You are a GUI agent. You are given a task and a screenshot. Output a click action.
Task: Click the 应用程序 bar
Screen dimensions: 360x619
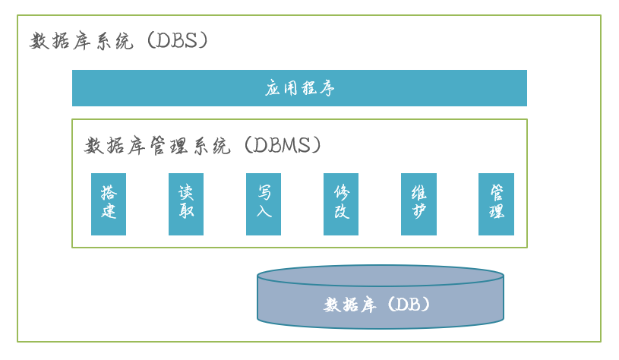pyautogui.click(x=299, y=88)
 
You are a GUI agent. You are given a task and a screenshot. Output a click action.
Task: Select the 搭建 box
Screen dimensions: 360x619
pyautogui.click(x=109, y=204)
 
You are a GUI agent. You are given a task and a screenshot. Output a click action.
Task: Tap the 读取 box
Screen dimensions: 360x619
pyautogui.click(x=186, y=204)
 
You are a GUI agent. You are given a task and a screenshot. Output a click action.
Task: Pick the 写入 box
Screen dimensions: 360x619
pyautogui.click(x=264, y=204)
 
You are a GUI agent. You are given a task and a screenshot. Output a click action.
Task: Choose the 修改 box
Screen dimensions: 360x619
pyautogui.click(x=341, y=204)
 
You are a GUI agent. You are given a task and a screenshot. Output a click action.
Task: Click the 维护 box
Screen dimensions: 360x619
pyautogui.click(x=418, y=204)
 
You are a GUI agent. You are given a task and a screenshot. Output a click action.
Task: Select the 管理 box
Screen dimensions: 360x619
pyautogui.click(x=496, y=204)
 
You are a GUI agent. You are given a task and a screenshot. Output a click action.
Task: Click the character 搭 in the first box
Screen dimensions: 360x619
pyautogui.click(x=109, y=192)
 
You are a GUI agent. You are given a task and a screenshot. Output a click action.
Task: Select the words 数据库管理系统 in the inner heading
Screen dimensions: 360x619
pyautogui.click(x=157, y=146)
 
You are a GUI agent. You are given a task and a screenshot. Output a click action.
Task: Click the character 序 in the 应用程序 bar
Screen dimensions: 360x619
pyautogui.click(x=326, y=88)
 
